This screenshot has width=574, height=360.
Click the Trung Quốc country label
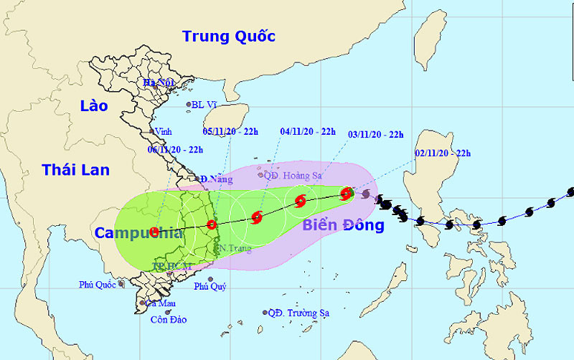tap(229, 36)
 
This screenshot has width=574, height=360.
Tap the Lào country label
tap(94, 106)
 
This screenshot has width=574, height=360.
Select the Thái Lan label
tap(75, 170)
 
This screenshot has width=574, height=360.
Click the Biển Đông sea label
tap(343, 225)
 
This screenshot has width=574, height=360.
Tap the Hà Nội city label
tap(159, 83)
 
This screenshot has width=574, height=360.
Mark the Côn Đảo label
tap(168, 319)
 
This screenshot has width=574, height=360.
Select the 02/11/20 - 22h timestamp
tap(443, 153)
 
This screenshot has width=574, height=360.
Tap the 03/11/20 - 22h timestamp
tap(376, 134)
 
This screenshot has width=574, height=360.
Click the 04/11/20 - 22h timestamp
tap(308, 131)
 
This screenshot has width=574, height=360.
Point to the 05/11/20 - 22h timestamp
tap(232, 131)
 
